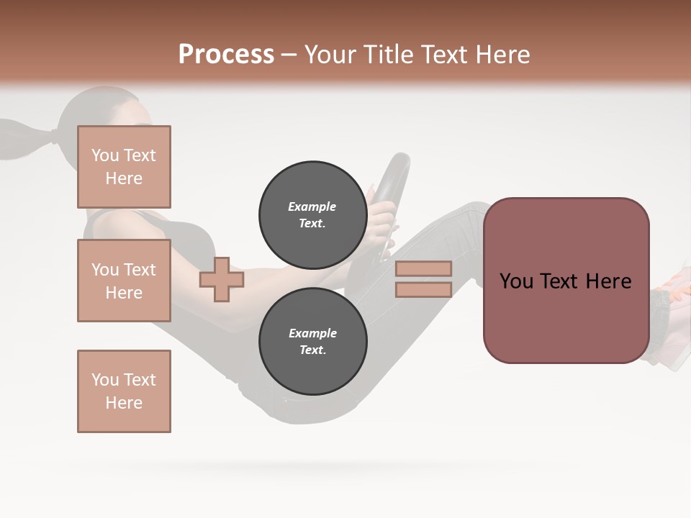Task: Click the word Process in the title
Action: point(226,55)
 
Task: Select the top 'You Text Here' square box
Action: point(124,167)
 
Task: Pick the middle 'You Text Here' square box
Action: point(124,281)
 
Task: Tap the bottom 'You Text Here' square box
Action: point(124,391)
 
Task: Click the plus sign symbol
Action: point(222,279)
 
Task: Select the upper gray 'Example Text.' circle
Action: point(312,214)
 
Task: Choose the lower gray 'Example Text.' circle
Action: point(312,341)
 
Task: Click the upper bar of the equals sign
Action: point(423,268)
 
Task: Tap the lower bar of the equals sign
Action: point(423,289)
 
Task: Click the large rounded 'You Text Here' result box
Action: point(566,281)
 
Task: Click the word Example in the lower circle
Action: point(312,333)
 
